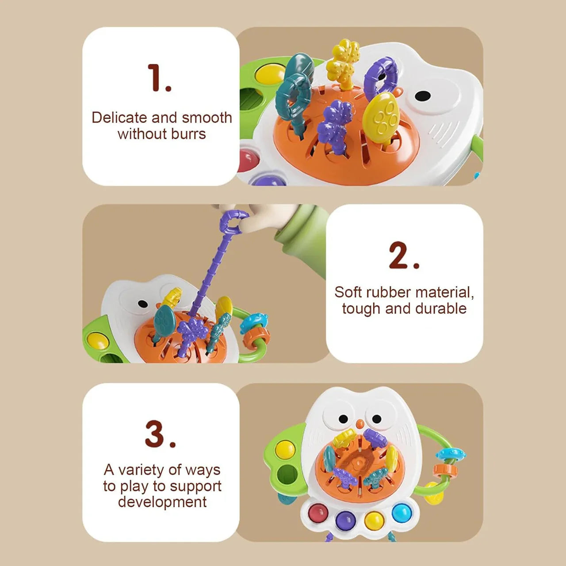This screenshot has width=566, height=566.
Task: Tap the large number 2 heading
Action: coord(404,255)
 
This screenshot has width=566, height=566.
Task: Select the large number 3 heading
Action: coord(161,434)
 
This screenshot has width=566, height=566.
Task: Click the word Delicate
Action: coord(119,118)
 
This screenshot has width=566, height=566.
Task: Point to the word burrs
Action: coord(188,134)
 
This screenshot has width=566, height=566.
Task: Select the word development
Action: coord(162,502)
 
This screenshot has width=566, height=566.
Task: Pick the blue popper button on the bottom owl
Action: coord(402,512)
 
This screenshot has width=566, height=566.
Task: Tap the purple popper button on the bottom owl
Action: coord(345,520)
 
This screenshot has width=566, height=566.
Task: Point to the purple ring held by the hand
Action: coord(234,221)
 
